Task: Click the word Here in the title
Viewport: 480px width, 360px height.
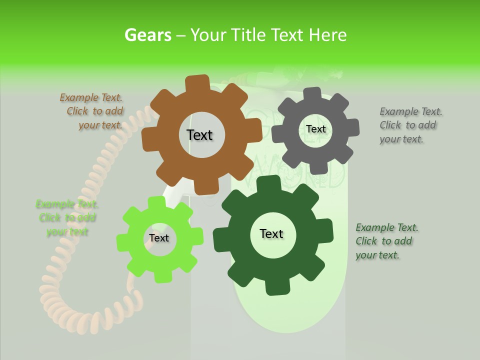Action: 327,35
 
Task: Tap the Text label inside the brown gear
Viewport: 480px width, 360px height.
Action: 199,135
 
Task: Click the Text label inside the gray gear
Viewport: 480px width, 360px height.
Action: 315,129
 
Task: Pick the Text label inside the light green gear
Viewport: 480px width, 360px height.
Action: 159,238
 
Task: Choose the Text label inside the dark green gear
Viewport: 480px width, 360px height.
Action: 271,234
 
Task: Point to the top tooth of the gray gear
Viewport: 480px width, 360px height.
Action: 313,93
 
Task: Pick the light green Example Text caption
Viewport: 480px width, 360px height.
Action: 67,218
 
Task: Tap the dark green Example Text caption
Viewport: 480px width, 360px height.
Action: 386,241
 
